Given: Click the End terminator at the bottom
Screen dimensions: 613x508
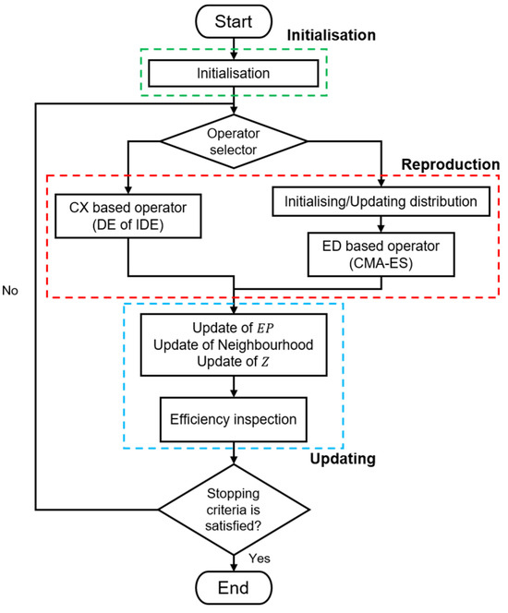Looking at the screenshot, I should point(237,588).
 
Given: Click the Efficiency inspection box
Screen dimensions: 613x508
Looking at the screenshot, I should point(237,418).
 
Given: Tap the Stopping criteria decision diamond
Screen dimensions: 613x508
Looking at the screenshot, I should point(237,507).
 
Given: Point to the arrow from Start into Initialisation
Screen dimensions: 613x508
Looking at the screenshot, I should point(237,45).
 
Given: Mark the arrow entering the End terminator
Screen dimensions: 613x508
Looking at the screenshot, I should point(237,559).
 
